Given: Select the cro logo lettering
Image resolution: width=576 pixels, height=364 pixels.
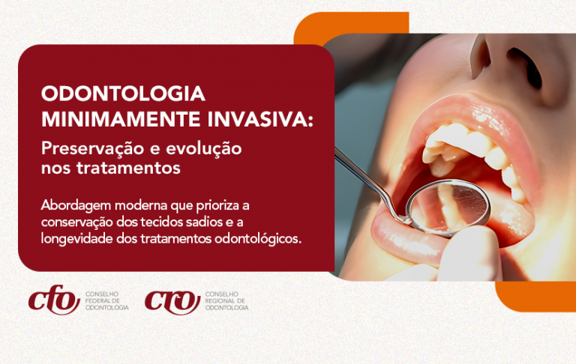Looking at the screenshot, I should pos(172,301).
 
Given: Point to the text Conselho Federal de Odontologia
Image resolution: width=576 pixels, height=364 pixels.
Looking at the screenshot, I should pos(107,301).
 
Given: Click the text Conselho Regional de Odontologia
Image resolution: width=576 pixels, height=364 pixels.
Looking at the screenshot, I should pos(226,301).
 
